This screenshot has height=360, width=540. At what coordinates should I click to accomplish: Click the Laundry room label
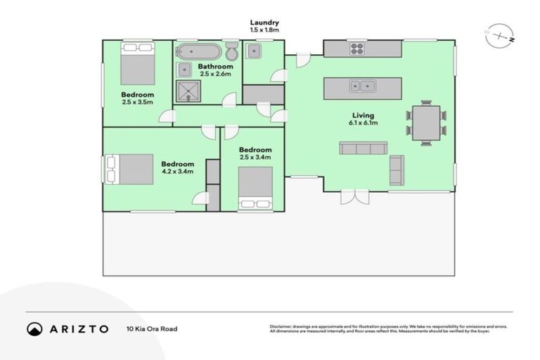(x=264, y=22)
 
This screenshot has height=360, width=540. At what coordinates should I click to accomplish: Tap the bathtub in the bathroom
(x=197, y=51)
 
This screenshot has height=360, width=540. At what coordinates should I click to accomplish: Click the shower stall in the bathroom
(x=188, y=91)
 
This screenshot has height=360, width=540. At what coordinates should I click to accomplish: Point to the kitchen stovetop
(x=357, y=49)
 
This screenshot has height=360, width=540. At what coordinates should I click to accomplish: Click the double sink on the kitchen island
(x=363, y=86)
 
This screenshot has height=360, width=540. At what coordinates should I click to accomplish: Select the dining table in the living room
(x=425, y=123)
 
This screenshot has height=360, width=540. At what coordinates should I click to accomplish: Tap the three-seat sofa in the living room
(x=363, y=148)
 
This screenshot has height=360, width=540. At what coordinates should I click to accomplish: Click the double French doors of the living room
(x=355, y=196)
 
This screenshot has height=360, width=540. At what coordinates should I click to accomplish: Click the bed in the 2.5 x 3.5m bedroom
(x=137, y=63)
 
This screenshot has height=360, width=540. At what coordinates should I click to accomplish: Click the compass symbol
(x=499, y=36)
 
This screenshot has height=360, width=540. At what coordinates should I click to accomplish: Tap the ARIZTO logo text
(x=77, y=328)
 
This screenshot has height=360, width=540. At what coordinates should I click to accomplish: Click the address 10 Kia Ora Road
(x=152, y=328)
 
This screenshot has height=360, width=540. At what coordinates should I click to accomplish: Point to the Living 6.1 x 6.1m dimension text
(x=364, y=123)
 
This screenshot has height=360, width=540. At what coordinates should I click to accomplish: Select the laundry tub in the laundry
(x=254, y=51)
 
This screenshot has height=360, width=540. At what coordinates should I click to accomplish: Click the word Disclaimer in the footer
(x=281, y=326)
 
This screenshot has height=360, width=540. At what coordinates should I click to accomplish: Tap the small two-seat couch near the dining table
(x=397, y=170)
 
